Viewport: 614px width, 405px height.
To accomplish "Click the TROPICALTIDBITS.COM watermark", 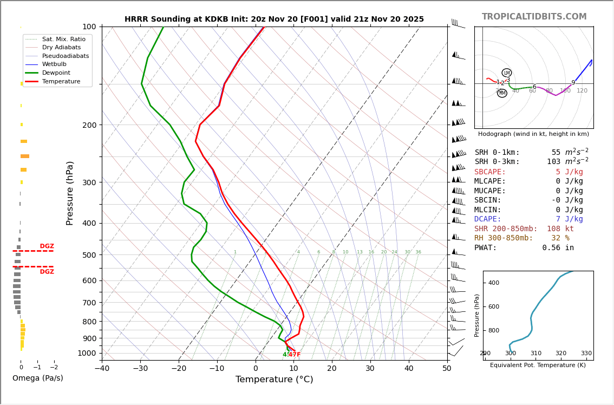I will [x=534, y=17].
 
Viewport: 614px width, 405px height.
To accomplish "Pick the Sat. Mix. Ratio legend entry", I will [x=63, y=39].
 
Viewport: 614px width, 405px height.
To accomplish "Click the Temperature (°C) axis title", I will [x=274, y=380].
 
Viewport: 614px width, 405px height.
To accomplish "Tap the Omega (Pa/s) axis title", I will [x=37, y=378].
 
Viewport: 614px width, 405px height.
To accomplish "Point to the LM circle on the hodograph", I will [x=507, y=73].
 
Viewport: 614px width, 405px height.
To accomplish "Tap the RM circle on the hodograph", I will [x=502, y=93].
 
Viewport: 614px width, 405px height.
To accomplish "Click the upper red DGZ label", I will [x=47, y=246].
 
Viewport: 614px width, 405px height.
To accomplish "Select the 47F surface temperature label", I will [x=294, y=355].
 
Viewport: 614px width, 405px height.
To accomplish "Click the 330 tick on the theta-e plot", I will [x=586, y=354].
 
